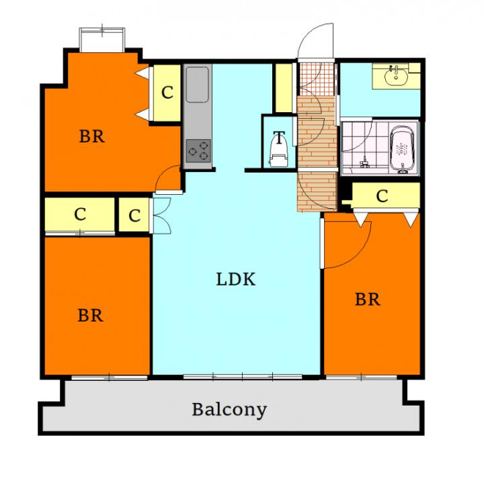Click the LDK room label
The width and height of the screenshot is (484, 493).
point(236,279)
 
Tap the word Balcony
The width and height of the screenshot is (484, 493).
point(229,409)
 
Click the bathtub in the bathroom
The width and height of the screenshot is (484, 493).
point(403,150)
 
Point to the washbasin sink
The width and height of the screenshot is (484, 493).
point(396,77)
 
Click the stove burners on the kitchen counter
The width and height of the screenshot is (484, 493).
point(198,150)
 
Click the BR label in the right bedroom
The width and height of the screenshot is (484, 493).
point(368,299)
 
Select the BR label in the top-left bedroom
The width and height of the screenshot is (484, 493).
point(92,137)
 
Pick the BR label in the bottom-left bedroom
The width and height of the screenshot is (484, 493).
point(90,315)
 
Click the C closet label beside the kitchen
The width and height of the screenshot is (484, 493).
point(167,93)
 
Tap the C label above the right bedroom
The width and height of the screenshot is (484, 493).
point(382,196)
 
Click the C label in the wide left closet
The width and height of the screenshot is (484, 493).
point(80,215)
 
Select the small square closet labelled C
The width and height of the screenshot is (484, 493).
point(134,216)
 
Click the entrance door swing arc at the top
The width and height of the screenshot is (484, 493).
point(313,40)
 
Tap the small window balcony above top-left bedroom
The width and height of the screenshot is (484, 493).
point(102,38)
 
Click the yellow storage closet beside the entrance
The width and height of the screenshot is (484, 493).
point(283,87)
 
